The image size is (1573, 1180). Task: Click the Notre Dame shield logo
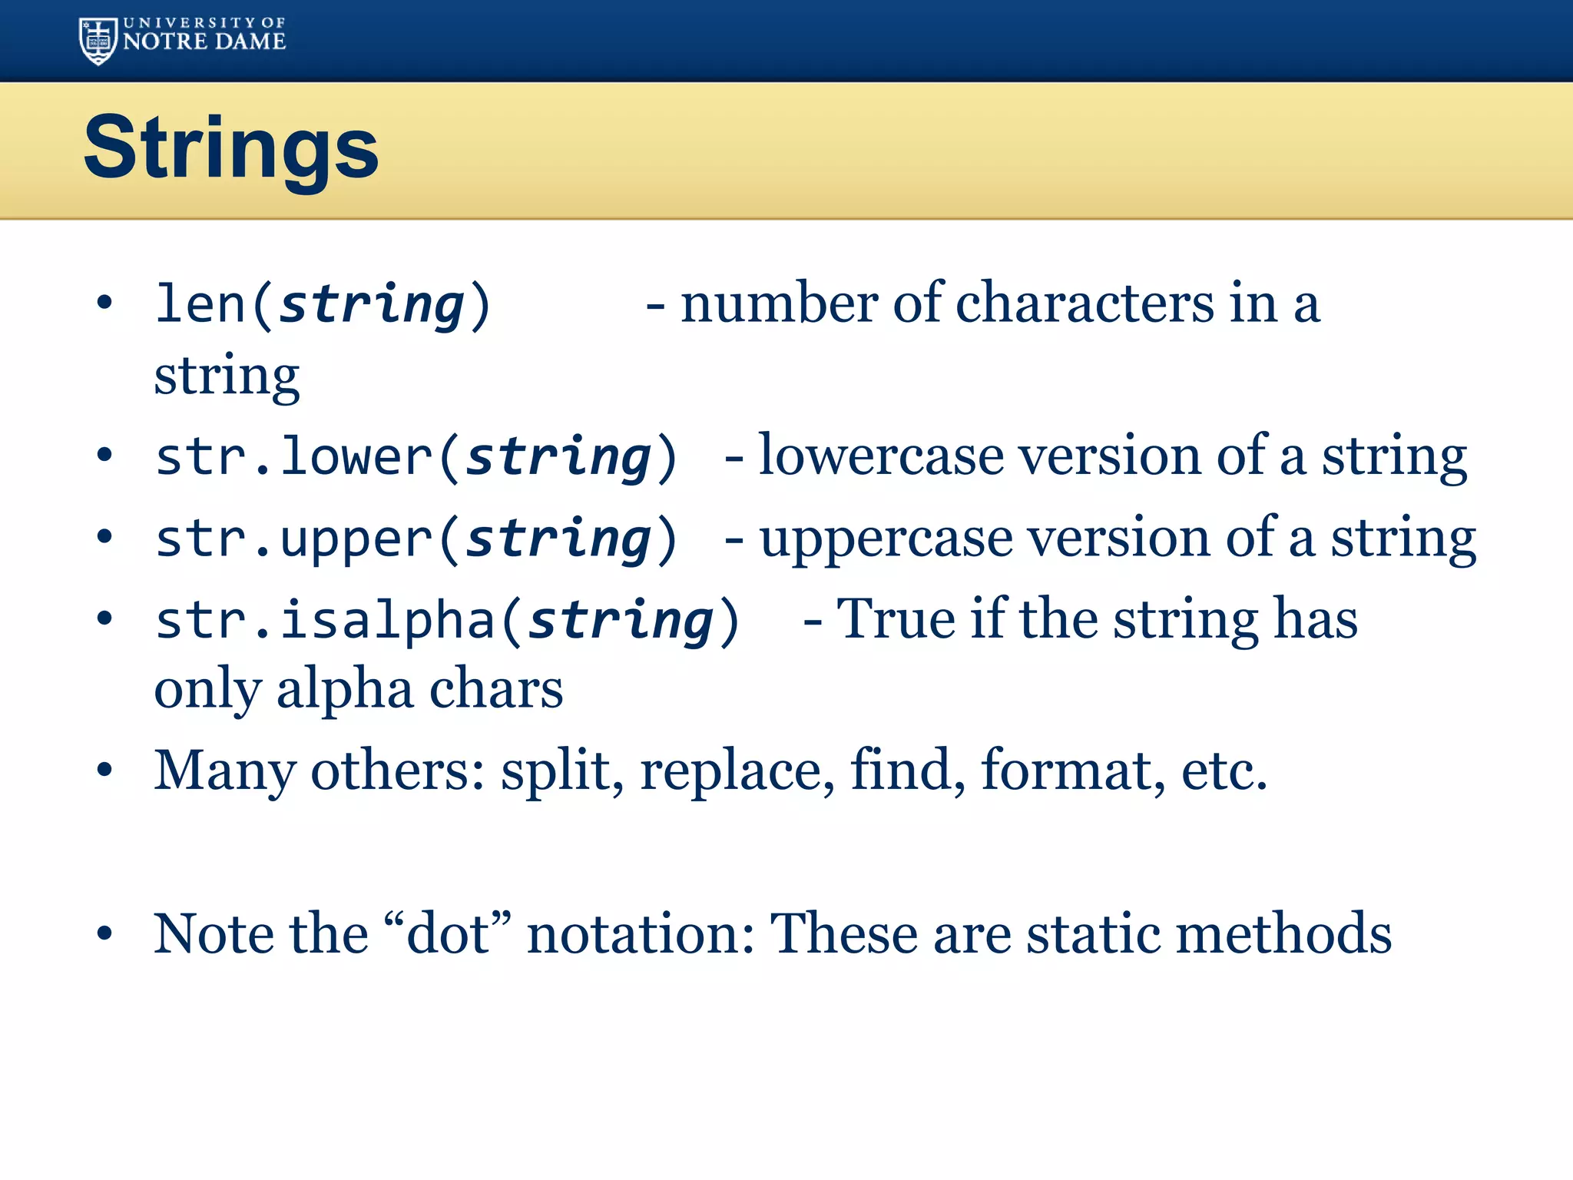point(98,41)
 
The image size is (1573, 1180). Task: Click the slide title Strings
point(230,147)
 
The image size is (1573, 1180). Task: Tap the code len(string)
point(323,305)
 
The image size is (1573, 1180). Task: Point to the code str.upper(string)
point(416,539)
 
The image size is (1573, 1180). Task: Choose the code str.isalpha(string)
point(446,621)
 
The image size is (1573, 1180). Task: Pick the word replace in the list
point(737,771)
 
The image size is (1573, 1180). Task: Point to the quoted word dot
point(448,934)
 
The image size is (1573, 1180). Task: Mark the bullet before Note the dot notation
point(104,934)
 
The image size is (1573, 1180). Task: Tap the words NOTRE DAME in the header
point(204,42)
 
